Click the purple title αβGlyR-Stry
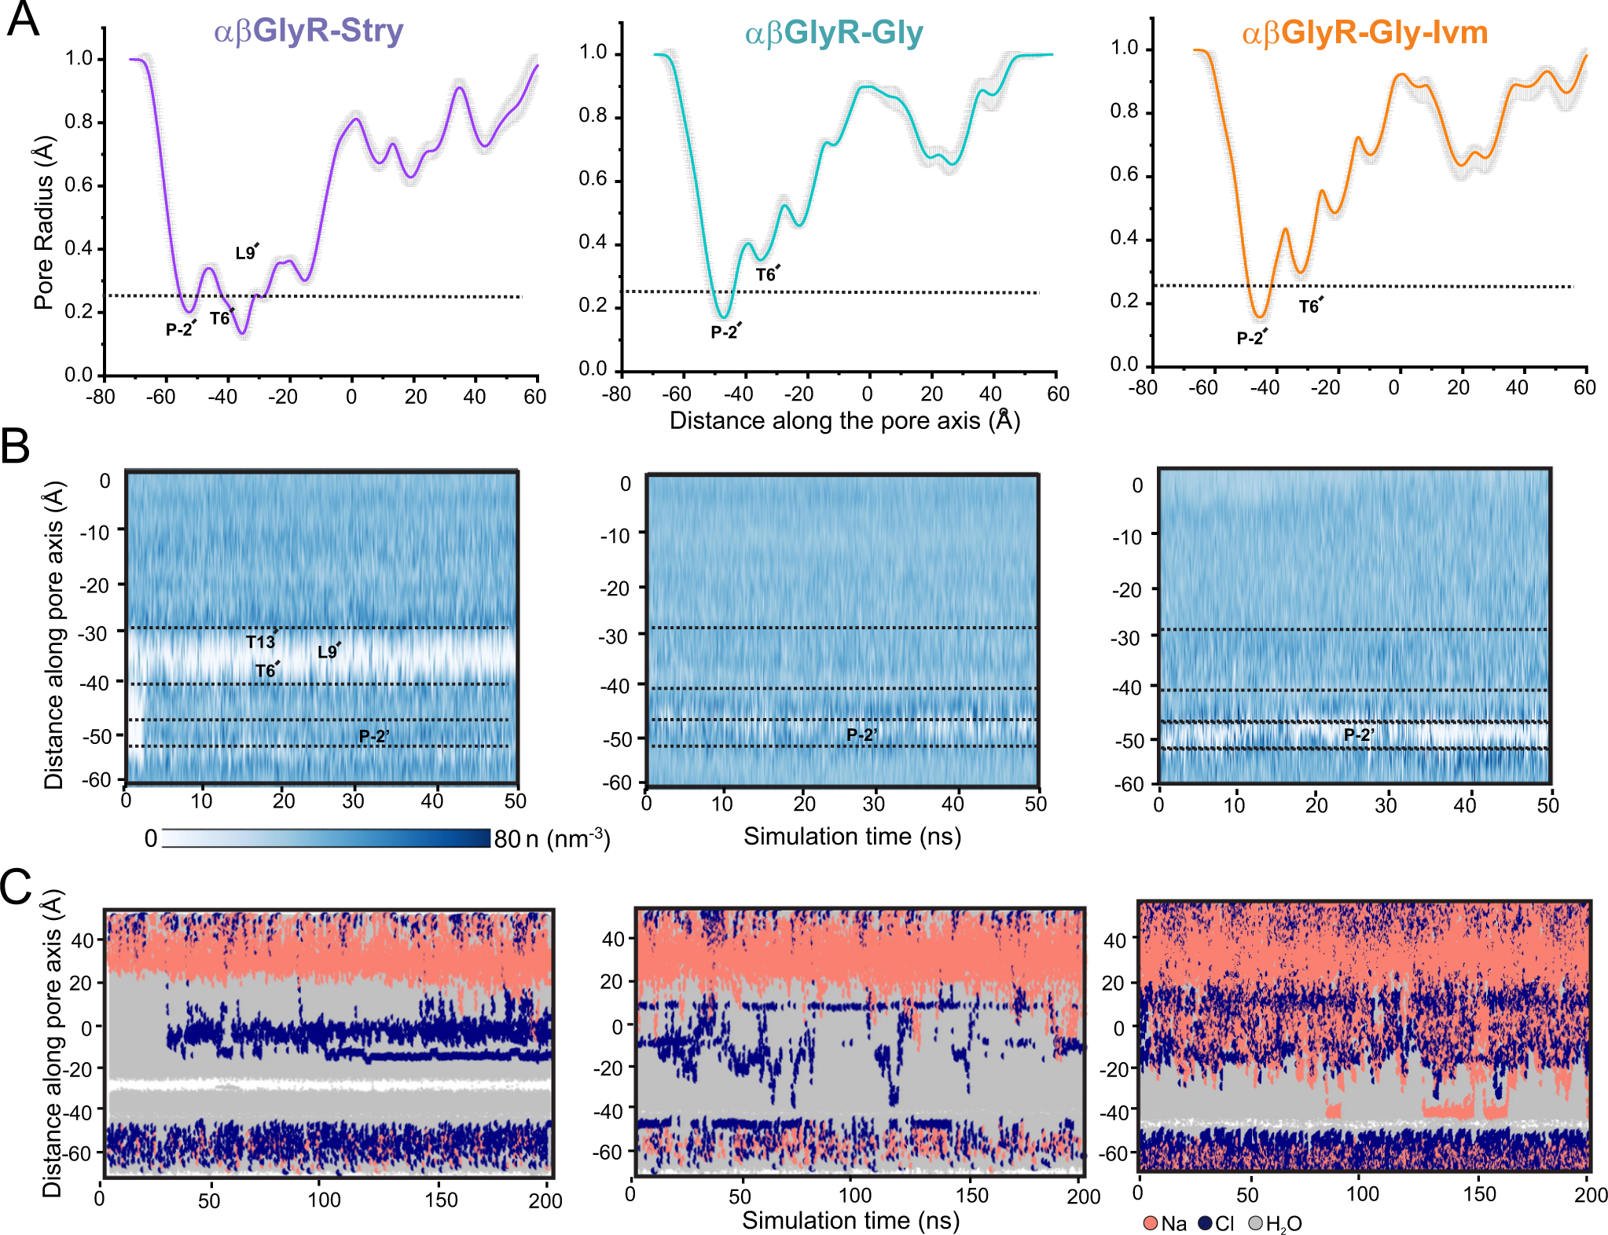pos(308,31)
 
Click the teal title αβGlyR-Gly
pos(833,33)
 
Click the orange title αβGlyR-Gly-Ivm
pos(1364,33)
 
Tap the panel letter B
pos(16,446)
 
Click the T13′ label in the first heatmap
pos(261,641)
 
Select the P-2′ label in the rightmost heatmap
pos(1358,735)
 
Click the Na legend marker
pos(1151,1223)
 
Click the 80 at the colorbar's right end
pos(507,838)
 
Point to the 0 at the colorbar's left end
pos(151,838)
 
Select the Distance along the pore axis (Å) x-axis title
pos(844,420)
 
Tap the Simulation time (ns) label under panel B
pos(852,836)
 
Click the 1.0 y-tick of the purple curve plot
pos(79,58)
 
